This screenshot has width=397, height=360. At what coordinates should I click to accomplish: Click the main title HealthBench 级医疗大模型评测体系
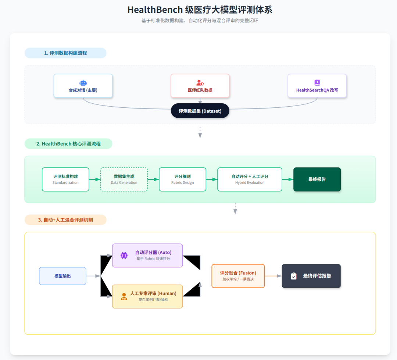[x=200, y=10]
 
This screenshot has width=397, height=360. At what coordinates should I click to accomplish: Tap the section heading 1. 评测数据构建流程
[x=65, y=53]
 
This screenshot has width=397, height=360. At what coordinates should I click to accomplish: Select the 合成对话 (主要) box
[x=83, y=86]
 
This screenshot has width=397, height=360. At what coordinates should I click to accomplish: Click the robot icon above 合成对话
[x=83, y=83]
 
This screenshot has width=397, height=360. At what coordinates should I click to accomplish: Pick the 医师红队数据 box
[x=200, y=86]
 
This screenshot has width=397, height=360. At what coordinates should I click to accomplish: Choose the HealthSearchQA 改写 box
[x=317, y=86]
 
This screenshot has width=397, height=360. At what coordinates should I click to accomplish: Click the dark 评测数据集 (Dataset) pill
[x=200, y=111]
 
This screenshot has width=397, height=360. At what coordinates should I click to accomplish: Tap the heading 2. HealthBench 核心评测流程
[x=68, y=144]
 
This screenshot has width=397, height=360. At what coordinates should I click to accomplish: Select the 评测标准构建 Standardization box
[x=65, y=179]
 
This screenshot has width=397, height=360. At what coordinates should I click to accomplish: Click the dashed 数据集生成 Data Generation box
[x=124, y=179]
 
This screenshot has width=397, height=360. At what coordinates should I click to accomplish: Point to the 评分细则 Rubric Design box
[x=182, y=179]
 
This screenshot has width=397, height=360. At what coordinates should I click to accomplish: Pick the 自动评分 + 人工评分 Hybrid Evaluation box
[x=250, y=179]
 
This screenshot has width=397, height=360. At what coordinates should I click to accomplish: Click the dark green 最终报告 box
[x=317, y=179]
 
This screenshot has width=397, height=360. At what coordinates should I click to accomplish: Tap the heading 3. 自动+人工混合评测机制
[x=65, y=220]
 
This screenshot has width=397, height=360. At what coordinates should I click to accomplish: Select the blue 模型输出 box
[x=62, y=276]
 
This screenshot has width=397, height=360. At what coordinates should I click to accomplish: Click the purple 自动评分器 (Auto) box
[x=147, y=255]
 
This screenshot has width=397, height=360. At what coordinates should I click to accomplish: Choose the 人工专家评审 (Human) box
[x=147, y=296]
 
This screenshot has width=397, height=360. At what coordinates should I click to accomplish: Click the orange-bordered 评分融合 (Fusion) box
[x=238, y=276]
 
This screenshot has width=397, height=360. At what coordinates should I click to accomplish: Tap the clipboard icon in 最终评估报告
[x=294, y=276]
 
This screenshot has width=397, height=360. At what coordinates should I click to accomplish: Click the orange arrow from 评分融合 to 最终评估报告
[x=273, y=276]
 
